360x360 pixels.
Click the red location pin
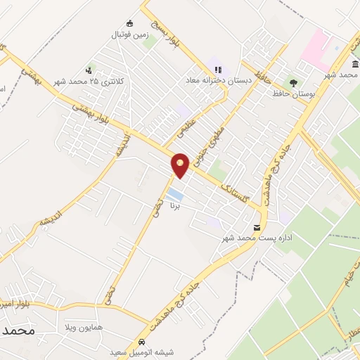pyautogui.click(x=181, y=165)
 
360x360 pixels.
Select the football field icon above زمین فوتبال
pyautogui.click(x=129, y=23)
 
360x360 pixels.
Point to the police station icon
pyautogui.click(x=89, y=70)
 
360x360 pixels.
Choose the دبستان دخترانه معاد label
pyautogui.click(x=218, y=81)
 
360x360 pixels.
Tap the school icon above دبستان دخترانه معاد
pyautogui.click(x=218, y=70)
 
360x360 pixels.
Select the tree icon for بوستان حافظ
pyautogui.click(x=291, y=83)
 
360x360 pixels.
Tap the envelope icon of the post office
pyautogui.click(x=257, y=227)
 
